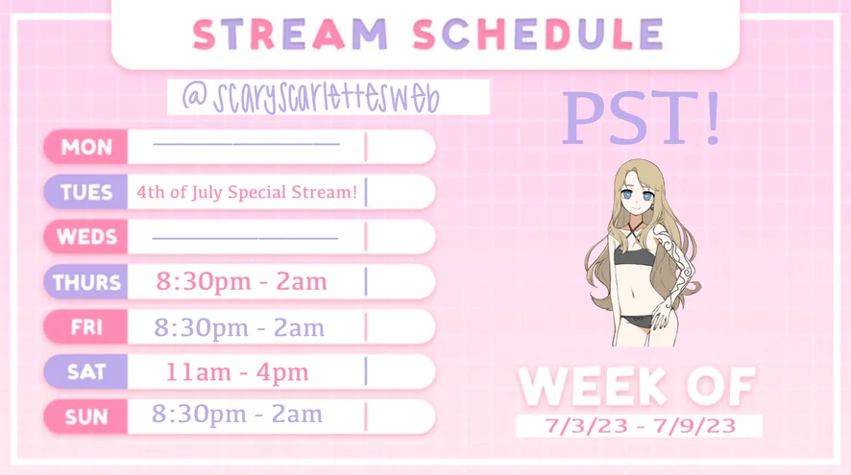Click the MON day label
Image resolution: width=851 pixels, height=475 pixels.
click(x=85, y=147)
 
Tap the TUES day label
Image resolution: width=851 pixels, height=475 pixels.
click(x=85, y=192)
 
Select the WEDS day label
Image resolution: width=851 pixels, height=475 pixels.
click(x=85, y=237)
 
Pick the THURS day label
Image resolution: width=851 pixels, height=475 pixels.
click(x=85, y=282)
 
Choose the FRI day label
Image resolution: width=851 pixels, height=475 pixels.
click(x=85, y=327)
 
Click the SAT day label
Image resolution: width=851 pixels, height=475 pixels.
click(x=85, y=372)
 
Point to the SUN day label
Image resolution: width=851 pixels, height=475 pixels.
click(x=85, y=417)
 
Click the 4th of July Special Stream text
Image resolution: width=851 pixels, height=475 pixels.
click(x=247, y=193)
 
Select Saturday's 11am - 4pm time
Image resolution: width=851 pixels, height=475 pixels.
click(x=237, y=372)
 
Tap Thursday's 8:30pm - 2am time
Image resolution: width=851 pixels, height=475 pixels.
click(x=241, y=282)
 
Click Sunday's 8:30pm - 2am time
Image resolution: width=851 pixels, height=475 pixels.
click(x=237, y=415)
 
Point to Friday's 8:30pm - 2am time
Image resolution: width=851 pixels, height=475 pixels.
click(x=239, y=328)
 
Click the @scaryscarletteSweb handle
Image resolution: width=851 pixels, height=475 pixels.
click(x=310, y=98)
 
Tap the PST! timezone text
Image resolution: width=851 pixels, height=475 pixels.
click(x=642, y=118)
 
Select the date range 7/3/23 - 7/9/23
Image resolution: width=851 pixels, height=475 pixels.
click(x=640, y=426)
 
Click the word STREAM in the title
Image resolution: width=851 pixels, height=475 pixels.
click(x=290, y=35)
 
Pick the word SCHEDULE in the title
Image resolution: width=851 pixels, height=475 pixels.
click(x=538, y=35)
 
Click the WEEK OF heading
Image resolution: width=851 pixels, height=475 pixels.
click(x=637, y=387)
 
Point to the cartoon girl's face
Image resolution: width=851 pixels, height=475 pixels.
click(x=638, y=194)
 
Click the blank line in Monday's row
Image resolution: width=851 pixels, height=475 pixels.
click(x=247, y=144)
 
